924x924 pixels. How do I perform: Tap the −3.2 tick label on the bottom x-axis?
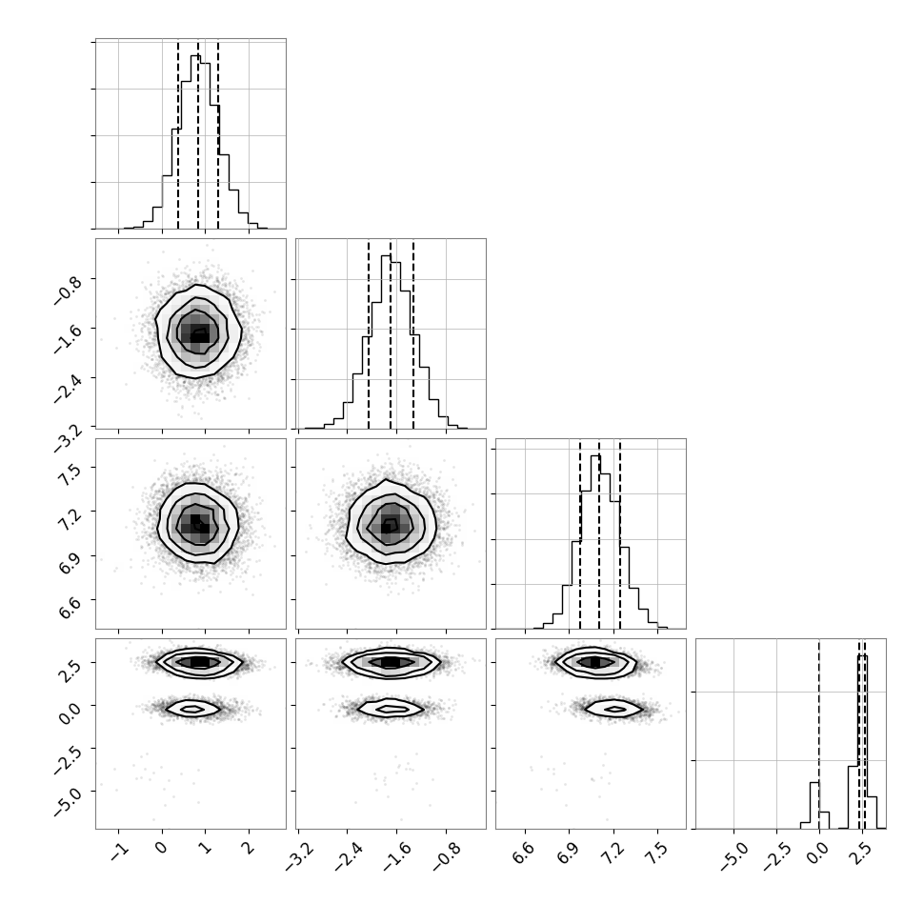(298, 856)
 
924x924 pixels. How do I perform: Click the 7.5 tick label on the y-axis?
(69, 473)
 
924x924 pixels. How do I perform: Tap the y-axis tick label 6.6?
(69, 607)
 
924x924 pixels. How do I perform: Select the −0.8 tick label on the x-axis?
(446, 856)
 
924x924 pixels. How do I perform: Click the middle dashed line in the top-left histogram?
(198, 133)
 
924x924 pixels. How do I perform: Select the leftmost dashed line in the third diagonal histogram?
(580, 533)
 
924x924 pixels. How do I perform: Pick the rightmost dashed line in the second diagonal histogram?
(413, 333)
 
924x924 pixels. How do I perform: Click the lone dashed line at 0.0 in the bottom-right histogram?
(818, 733)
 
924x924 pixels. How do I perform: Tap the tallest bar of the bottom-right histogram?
(862, 742)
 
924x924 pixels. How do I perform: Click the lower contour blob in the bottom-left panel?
(193, 709)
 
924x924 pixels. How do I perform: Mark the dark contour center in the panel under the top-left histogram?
(198, 334)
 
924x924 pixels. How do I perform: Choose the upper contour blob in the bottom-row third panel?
(594, 662)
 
